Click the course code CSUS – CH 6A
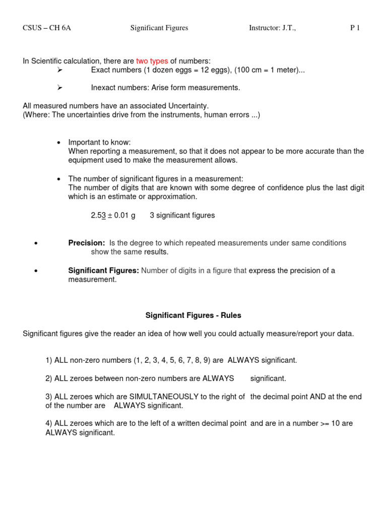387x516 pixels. click(47, 28)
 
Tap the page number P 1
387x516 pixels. click(355, 28)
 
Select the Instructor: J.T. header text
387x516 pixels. click(272, 28)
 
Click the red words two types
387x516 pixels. click(152, 61)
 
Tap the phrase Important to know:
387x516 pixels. click(99, 143)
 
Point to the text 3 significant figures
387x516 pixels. click(182, 216)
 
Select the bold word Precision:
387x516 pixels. click(87, 243)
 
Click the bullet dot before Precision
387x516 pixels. click(36, 244)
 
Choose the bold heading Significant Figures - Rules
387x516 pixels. click(193, 315)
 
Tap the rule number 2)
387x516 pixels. click(49, 378)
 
